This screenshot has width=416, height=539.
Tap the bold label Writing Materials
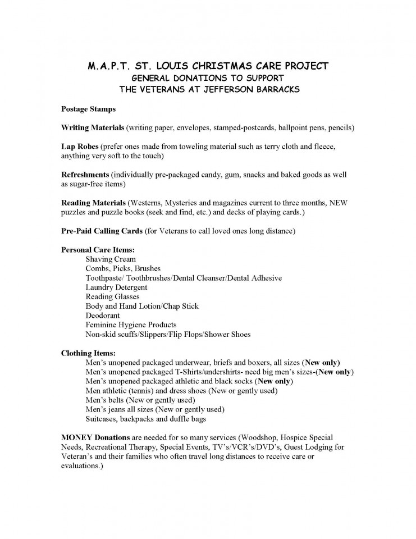(92, 127)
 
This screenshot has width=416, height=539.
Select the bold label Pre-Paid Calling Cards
(101, 231)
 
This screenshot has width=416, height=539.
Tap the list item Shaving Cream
(111, 259)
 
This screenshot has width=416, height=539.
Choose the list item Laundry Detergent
(116, 287)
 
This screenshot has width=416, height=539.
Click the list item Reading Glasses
(112, 296)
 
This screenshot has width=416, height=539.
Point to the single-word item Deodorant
(103, 316)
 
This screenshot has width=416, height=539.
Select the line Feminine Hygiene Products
(131, 325)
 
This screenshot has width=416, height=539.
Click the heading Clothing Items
(88, 353)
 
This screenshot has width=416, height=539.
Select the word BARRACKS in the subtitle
(267, 89)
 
